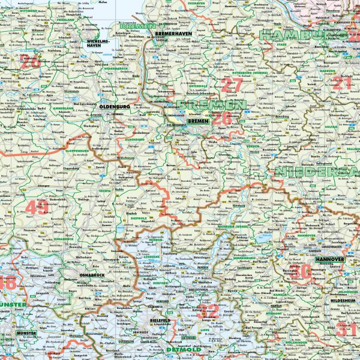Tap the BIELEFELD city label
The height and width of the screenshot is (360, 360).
pos(162,321)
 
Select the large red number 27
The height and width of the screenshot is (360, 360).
pos(230,85)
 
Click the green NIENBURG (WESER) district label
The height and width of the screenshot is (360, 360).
pos(232,226)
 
